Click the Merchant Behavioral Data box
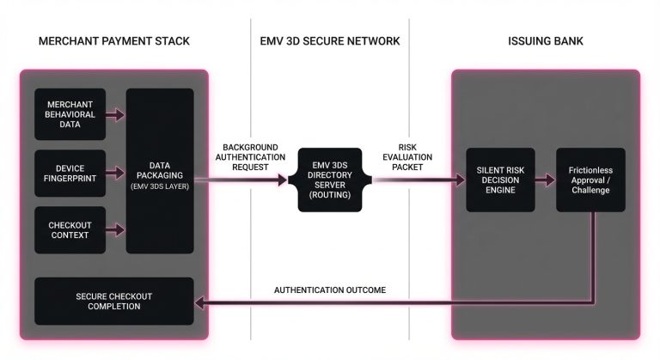click(70, 113)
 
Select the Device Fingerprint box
click(70, 173)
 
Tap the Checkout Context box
click(70, 229)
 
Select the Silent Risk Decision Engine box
click(500, 180)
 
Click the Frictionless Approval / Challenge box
click(590, 180)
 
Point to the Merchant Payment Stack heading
click(113, 41)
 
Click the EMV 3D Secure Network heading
click(330, 41)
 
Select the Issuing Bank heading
click(546, 41)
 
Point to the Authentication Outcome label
click(330, 290)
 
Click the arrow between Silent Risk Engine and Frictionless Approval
click(545, 180)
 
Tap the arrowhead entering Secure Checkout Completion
click(202, 302)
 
